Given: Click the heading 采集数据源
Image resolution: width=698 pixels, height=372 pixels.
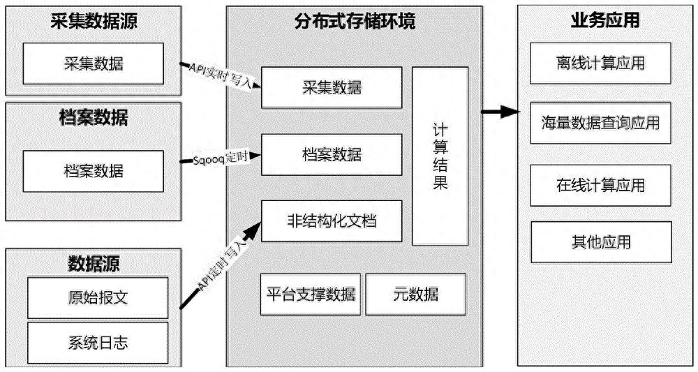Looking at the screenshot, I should click(94, 21).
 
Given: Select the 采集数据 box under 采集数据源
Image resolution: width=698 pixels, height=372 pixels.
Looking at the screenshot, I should click(94, 62).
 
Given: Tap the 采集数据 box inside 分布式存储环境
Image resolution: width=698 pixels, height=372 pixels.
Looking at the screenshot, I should click(332, 87).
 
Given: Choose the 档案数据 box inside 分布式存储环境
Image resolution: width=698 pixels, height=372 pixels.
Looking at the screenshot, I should click(332, 154).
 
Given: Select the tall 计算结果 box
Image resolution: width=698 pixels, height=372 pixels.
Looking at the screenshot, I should click(440, 156).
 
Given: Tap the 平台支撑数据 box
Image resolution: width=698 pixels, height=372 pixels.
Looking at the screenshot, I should click(311, 294).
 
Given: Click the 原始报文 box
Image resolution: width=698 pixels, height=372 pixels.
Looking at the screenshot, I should click(98, 298).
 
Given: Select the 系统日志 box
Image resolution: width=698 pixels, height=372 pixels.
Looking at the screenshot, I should click(98, 341).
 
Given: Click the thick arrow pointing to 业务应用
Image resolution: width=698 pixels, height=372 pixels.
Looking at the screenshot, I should click(500, 112).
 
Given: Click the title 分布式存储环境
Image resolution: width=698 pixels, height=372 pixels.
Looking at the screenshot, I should click(355, 21).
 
